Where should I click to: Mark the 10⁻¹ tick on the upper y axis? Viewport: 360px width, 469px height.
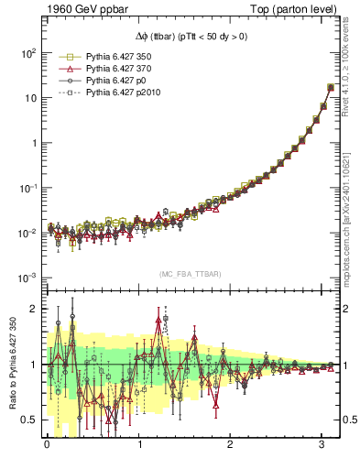coord(26,188)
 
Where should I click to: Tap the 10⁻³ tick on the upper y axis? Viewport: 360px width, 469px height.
coord(26,278)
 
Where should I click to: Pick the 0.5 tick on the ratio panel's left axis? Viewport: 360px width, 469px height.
coord(28,420)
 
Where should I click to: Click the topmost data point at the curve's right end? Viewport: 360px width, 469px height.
coord(331,88)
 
